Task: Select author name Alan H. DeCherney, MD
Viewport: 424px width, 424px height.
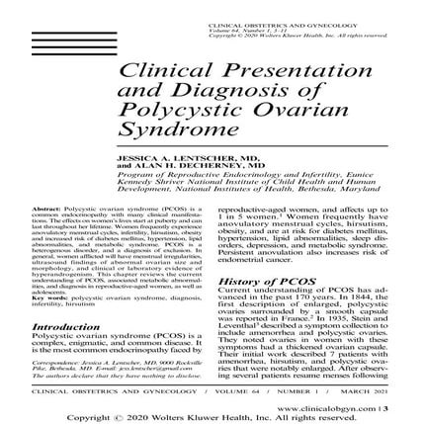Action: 199,163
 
